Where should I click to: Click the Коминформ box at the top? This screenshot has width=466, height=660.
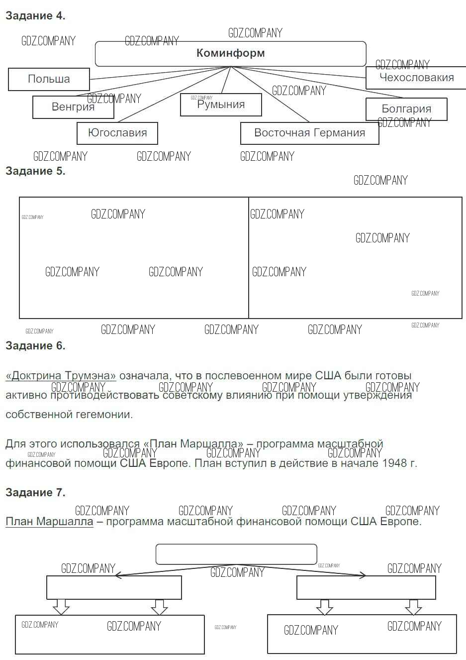pos(230,53)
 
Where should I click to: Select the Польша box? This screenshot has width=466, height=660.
pos(49,79)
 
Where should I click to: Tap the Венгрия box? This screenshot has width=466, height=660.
pos(73,107)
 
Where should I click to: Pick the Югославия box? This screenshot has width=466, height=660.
pos(117,133)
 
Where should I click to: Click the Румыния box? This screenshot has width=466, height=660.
pos(221,105)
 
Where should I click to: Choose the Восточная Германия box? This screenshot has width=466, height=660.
pos(309,133)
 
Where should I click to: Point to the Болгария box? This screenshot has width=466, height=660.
pos(406,109)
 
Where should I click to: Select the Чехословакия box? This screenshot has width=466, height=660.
pos(416,78)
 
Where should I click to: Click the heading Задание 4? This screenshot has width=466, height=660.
pos(35,16)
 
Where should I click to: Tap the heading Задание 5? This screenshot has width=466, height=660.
pos(35,171)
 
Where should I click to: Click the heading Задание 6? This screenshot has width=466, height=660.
pos(35,345)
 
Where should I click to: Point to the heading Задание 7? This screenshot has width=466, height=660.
pos(35,492)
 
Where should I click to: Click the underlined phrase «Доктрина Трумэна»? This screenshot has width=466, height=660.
pos(61,376)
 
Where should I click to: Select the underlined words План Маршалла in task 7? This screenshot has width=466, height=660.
pos(49,522)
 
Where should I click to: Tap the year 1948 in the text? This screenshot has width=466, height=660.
pos(394,463)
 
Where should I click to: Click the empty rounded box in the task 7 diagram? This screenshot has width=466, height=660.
pos(236,554)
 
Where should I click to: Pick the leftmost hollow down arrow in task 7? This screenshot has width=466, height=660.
pos(61,607)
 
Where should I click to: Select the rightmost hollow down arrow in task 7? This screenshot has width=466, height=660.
pos(413,607)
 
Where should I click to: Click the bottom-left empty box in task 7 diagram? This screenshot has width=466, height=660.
pos(110,635)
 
